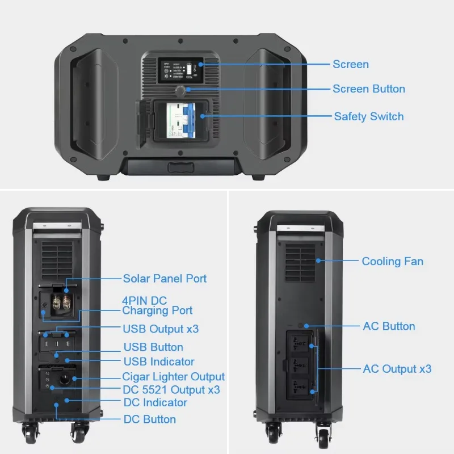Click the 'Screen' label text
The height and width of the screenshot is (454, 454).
tap(350, 64)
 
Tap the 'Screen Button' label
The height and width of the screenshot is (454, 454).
tap(368, 89)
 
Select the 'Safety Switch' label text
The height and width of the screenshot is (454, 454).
tap(368, 116)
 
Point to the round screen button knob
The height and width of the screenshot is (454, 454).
tap(181, 91)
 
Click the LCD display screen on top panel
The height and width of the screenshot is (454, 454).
tap(180, 71)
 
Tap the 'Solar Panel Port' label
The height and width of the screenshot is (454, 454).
tap(165, 278)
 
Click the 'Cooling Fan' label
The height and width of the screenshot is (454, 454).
tap(392, 261)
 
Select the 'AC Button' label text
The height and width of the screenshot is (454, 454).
tap(389, 326)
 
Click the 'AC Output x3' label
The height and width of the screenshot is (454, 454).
tap(397, 369)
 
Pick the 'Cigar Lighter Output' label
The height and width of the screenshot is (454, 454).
tap(173, 377)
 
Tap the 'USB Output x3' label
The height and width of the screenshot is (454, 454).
tap(161, 329)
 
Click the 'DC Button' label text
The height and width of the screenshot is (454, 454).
tap(149, 419)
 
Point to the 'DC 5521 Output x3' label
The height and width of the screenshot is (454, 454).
tap(171, 390)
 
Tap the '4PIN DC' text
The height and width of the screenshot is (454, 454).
tap(144, 300)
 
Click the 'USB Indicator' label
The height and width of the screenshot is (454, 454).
tap(158, 361)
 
